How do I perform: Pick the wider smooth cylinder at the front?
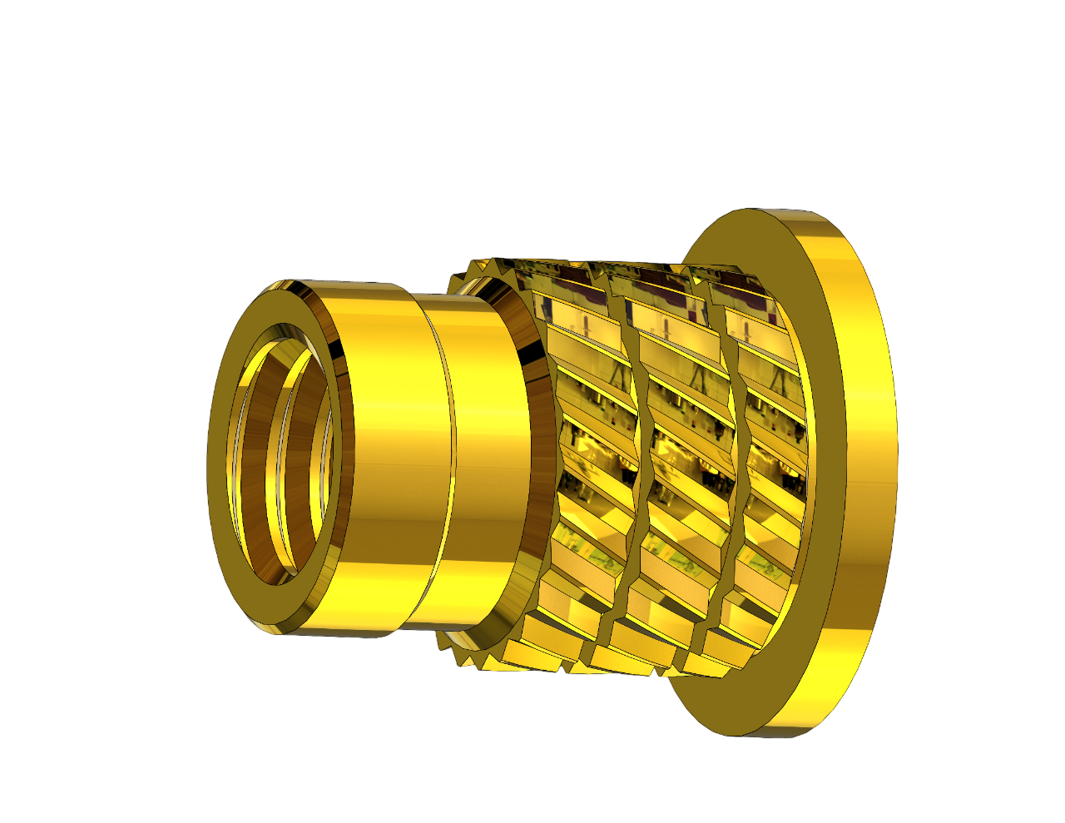click(391, 458)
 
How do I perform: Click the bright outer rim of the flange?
click(865, 466)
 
